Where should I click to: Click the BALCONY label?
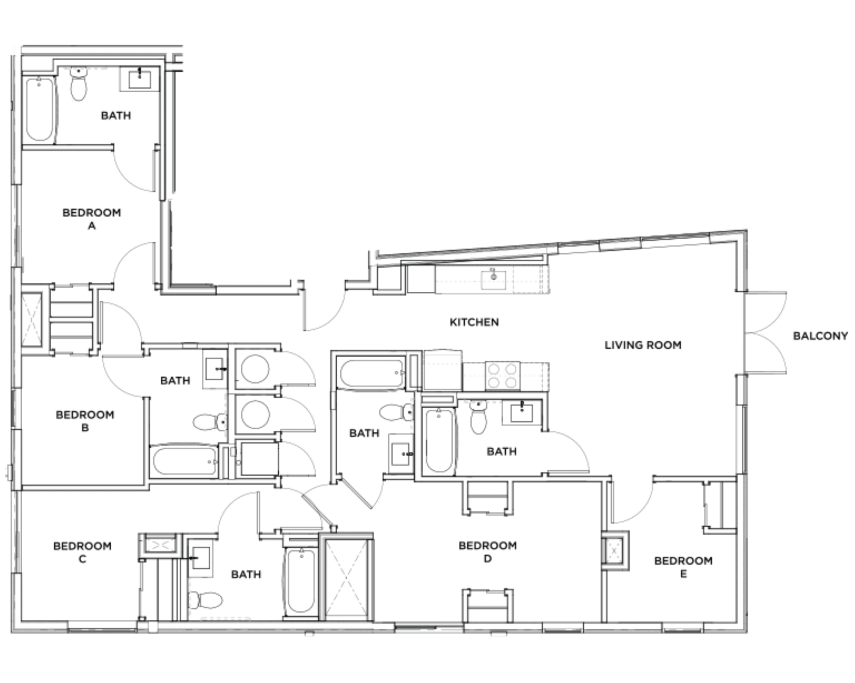(820, 336)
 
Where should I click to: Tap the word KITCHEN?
(474, 322)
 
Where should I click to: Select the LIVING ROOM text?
(643, 345)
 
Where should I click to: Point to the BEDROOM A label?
(91, 219)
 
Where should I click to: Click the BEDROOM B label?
(85, 421)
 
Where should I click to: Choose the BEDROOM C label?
(83, 552)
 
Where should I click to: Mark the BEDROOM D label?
(488, 552)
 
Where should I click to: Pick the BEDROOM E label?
(684, 567)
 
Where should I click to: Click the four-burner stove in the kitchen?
(502, 376)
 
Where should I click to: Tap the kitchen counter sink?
(493, 279)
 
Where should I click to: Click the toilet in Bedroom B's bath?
(210, 422)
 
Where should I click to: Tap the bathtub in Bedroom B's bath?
(185, 461)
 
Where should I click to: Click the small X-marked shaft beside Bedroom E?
(615, 551)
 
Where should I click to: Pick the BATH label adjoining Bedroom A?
(116, 115)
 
